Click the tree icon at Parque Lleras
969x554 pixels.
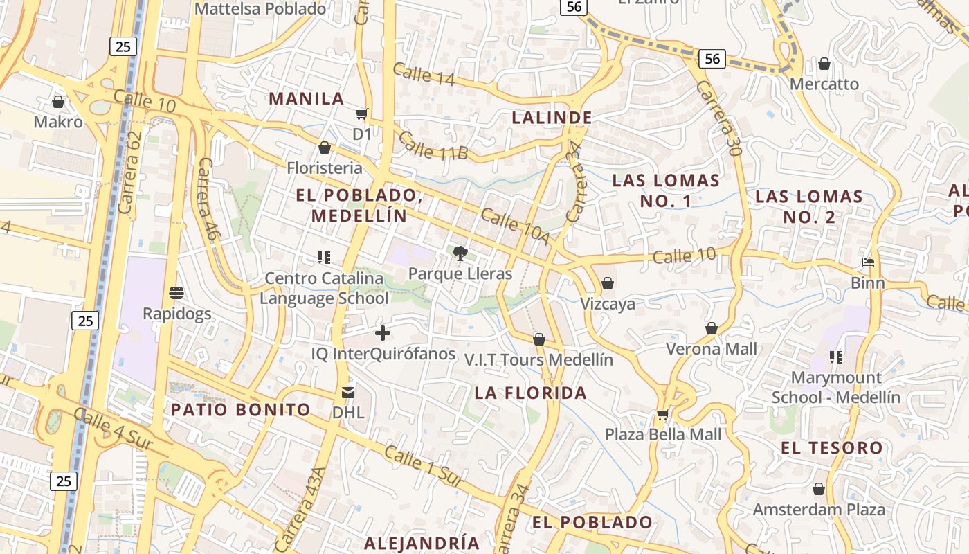(x=459, y=253)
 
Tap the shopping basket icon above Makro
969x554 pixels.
(x=58, y=102)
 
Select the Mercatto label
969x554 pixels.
(x=824, y=84)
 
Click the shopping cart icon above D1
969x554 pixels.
(x=361, y=114)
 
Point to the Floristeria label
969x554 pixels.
(x=325, y=168)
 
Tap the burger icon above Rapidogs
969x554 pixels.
(x=176, y=293)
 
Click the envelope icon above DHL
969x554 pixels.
(x=347, y=393)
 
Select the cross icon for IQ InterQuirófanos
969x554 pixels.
(x=382, y=334)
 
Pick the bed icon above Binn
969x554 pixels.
(x=868, y=262)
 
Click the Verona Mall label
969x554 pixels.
(x=712, y=349)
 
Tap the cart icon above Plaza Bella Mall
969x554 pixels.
(x=662, y=414)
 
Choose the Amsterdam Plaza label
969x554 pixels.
(x=819, y=510)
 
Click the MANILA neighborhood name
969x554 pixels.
(x=307, y=98)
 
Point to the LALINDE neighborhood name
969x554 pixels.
(x=552, y=118)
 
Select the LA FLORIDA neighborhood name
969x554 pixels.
(x=530, y=393)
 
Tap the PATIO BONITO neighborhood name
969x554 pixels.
(x=241, y=409)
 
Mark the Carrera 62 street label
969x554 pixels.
(x=129, y=172)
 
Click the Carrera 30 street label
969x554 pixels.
(x=719, y=118)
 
